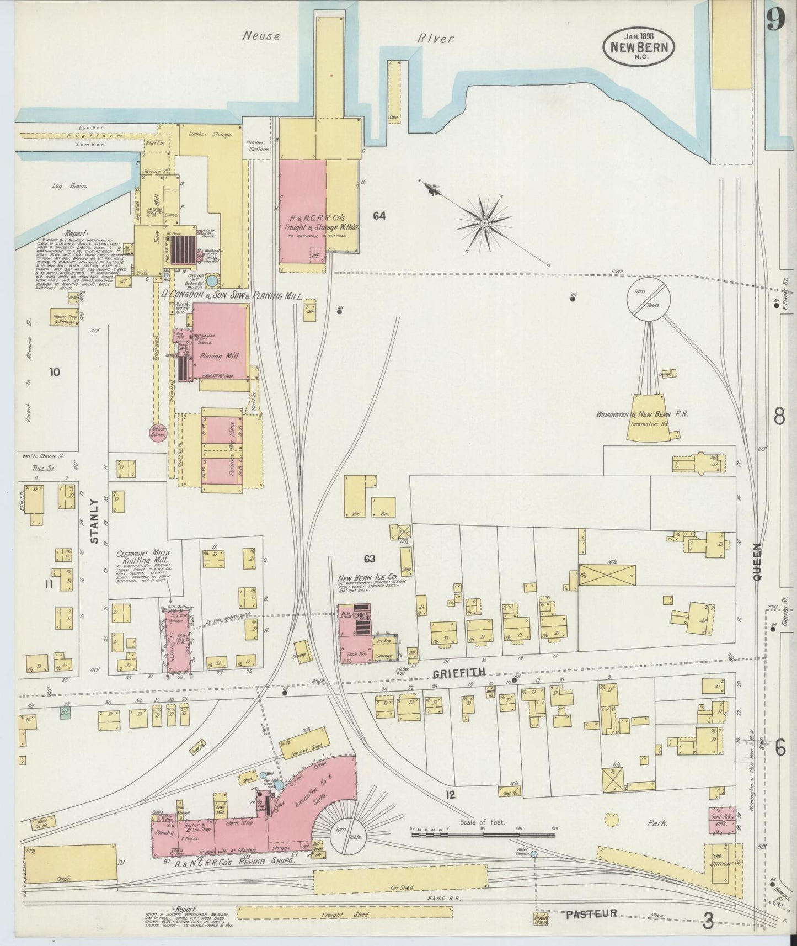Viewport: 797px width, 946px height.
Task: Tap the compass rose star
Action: click(484, 222)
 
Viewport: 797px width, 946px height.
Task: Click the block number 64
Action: click(379, 216)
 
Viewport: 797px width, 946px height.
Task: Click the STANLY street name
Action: click(94, 522)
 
